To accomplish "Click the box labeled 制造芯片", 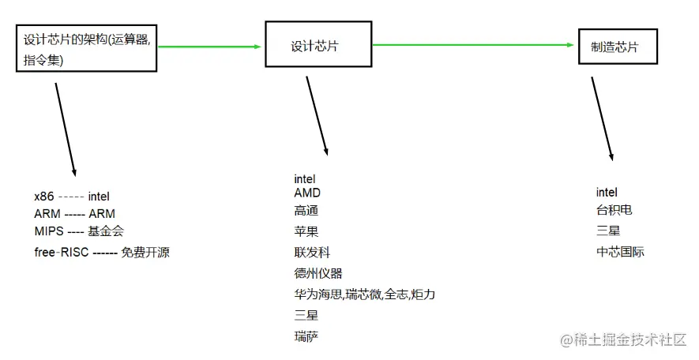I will pyautogui.click(x=617, y=47).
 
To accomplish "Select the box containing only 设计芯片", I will pyautogui.click(x=317, y=46).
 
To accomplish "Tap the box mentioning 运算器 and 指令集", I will pyautogui.click(x=86, y=50).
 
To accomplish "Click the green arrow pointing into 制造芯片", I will pyautogui.click(x=474, y=45).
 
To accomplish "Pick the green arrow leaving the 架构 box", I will pyautogui.click(x=210, y=47).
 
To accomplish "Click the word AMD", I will pyautogui.click(x=307, y=193).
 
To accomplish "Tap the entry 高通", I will pyautogui.click(x=306, y=211).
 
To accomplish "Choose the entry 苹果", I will pyautogui.click(x=306, y=231).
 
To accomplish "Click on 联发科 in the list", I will pyautogui.click(x=311, y=253).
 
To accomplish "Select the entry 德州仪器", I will pyautogui.click(x=318, y=273).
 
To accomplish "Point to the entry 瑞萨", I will pyautogui.click(x=306, y=336).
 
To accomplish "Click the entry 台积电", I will pyautogui.click(x=614, y=210).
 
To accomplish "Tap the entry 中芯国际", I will pyautogui.click(x=620, y=253).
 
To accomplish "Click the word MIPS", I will pyautogui.click(x=49, y=231).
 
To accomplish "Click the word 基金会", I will pyautogui.click(x=105, y=231).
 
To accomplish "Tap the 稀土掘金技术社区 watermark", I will pyautogui.click(x=624, y=340).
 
